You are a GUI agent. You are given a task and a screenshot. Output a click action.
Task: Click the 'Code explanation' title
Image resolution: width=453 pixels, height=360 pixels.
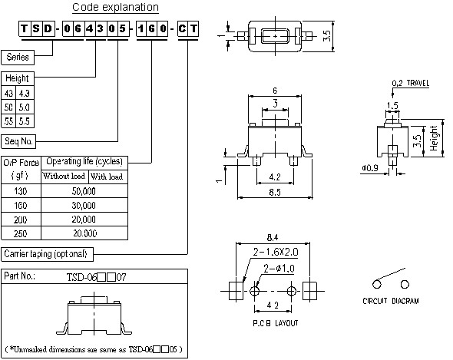coord(115,8)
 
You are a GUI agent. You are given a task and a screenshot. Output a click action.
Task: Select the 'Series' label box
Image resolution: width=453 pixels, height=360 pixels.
coord(18,57)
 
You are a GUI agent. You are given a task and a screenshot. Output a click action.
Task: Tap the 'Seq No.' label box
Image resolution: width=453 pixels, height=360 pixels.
coord(20,140)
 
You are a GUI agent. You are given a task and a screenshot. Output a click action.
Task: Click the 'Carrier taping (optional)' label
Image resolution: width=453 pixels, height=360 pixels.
coord(49,253)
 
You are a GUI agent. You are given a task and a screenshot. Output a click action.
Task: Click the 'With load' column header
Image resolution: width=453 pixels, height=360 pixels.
coord(106,177)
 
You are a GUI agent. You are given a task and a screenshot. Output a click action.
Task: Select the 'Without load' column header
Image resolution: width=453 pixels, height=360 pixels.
coord(64,177)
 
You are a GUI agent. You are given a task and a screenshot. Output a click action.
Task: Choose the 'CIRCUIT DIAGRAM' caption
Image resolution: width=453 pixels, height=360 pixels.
coord(391,302)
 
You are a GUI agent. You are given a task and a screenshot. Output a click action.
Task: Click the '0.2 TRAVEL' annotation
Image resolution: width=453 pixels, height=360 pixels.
coord(410,82)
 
